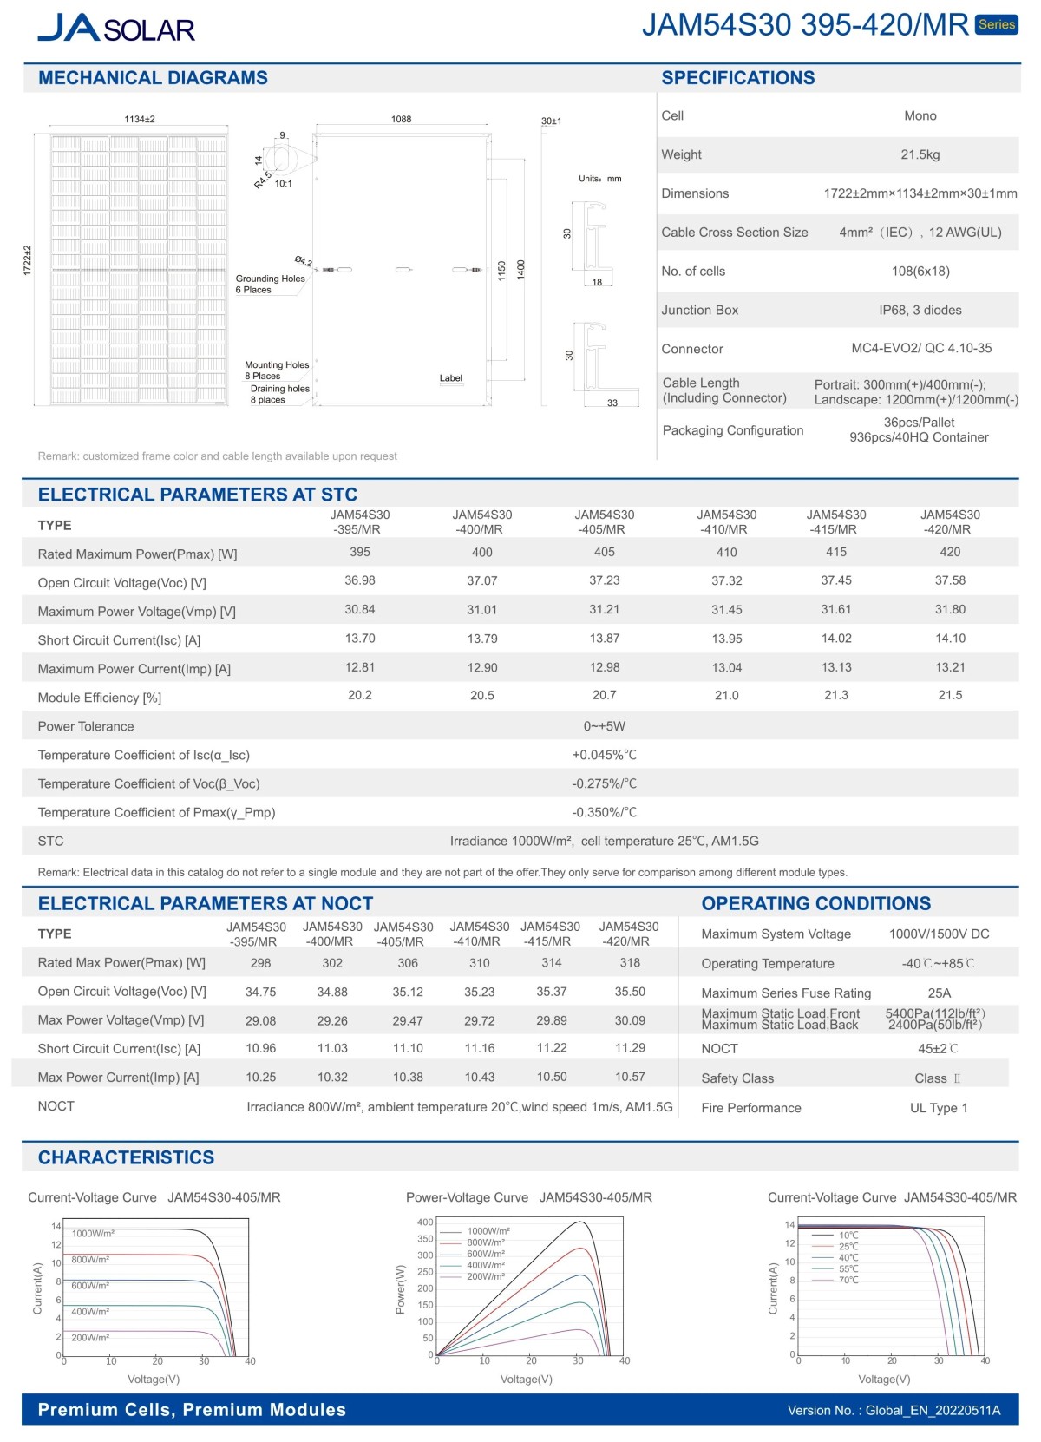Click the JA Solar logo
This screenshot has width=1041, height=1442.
(x=116, y=28)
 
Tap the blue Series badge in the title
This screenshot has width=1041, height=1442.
(x=996, y=24)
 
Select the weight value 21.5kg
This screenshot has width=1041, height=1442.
(x=920, y=154)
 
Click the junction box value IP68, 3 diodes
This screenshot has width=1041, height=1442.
(x=920, y=310)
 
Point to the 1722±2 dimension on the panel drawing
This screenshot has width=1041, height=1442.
(x=27, y=260)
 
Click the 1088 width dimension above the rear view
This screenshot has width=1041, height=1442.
(x=401, y=119)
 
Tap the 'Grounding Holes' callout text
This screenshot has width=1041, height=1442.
(x=270, y=279)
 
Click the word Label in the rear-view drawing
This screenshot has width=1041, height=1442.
(x=450, y=378)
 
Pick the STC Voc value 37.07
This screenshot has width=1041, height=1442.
(x=481, y=580)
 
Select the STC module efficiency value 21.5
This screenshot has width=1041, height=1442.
(x=950, y=695)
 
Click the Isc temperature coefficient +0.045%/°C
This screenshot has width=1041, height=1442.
(x=604, y=755)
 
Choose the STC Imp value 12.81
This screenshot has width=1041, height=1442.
(x=359, y=667)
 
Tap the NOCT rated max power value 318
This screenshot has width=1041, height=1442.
(x=630, y=962)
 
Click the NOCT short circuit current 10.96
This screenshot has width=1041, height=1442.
(x=260, y=1048)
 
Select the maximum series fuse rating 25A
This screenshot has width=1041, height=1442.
(x=939, y=993)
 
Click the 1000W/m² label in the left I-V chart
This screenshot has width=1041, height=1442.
(x=93, y=1233)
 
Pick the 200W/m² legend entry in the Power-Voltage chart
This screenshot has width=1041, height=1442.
(x=486, y=1276)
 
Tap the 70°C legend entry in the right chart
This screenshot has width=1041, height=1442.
(x=848, y=1280)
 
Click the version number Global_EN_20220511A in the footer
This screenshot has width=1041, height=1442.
(x=933, y=1410)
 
